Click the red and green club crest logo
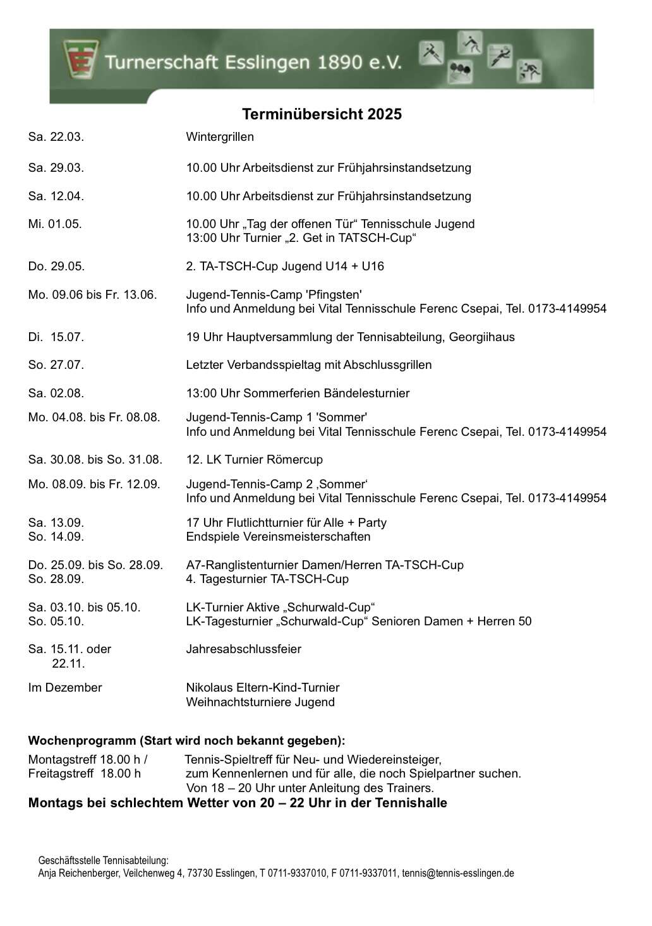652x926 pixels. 79,59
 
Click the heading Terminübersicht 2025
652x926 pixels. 322,114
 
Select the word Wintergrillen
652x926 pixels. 220,137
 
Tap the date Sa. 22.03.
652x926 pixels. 56,137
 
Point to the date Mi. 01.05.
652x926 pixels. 55,224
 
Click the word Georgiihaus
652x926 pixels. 481,337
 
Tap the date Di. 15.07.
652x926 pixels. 56,337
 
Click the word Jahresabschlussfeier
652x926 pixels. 243,649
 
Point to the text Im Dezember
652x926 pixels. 64,688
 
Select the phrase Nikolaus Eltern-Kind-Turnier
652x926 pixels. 262,688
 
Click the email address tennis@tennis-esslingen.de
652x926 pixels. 457,874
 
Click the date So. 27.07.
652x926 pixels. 56,365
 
